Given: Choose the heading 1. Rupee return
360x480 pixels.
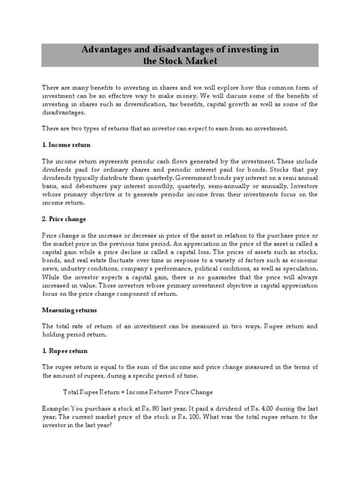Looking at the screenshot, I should pyautogui.click(x=65, y=350).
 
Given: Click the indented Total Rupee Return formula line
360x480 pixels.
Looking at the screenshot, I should pyautogui.click(x=138, y=391).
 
